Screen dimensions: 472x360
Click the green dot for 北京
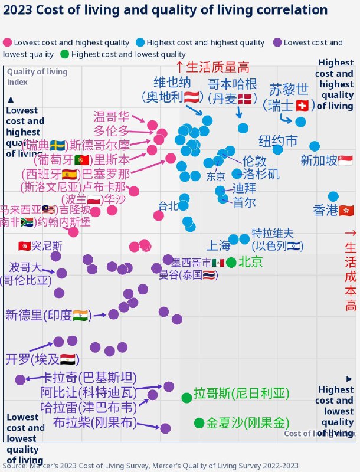(231, 263)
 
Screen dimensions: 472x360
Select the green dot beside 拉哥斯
(186, 398)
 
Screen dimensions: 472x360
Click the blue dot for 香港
(333, 196)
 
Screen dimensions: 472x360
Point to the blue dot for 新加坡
(315, 146)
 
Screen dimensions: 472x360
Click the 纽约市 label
(279, 141)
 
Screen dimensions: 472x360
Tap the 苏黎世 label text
(289, 90)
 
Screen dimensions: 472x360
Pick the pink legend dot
(7, 42)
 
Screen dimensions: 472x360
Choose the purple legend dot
(277, 42)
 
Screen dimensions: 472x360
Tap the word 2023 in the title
(18, 10)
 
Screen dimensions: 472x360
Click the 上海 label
(218, 245)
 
